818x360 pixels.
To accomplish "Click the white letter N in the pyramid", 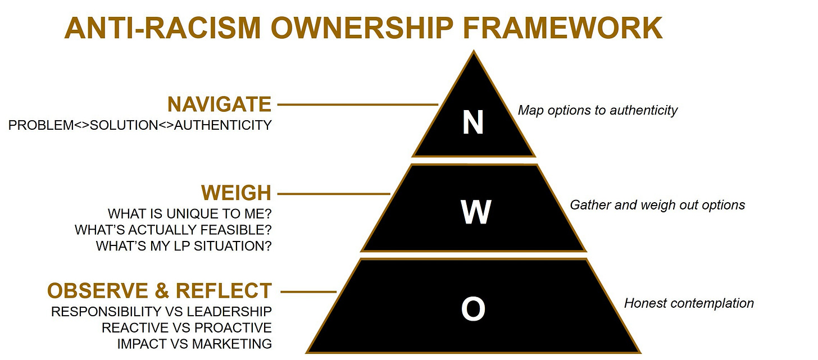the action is point(473,122).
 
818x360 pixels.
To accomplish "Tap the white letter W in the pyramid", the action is point(476,212).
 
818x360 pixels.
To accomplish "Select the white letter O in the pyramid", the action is point(473,309).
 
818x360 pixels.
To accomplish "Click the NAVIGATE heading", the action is point(219,104).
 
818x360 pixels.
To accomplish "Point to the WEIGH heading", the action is point(237,193).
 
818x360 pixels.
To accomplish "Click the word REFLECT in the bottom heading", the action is point(224,290).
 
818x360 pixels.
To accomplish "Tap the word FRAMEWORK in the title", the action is point(563,28).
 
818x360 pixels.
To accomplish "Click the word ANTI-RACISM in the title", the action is point(163,28).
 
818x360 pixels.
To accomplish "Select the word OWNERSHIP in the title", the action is point(362,28).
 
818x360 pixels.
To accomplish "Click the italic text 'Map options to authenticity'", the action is point(598,110).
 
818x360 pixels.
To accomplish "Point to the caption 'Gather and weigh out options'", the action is point(657,205).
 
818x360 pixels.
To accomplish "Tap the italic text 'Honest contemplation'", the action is point(689,303).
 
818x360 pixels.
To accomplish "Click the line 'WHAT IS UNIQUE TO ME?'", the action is point(189,213).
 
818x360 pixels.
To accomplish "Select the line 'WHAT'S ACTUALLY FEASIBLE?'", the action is point(173,230).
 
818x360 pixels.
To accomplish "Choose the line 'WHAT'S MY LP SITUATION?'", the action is point(184,246).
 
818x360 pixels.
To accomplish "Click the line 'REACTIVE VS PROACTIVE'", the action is point(187,328).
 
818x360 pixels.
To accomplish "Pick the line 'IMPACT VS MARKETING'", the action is point(194,344).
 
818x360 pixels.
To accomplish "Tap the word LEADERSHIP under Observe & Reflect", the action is point(229,312).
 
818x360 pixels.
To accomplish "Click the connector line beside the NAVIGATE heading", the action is point(358,104).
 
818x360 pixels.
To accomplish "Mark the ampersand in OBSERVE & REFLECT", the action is point(162,290).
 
